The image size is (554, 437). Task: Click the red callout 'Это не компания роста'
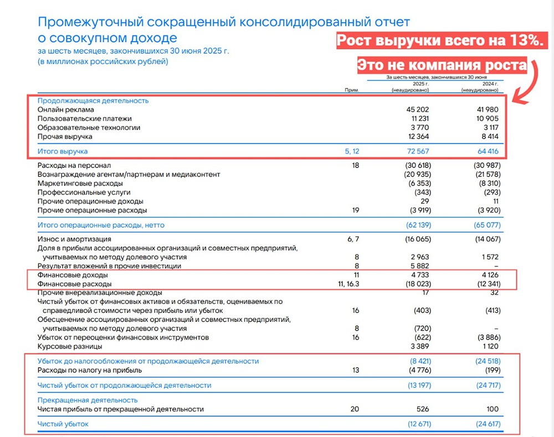pos(441,65)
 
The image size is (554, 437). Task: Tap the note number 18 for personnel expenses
pos(355,165)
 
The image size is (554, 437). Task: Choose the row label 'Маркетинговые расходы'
pos(80,183)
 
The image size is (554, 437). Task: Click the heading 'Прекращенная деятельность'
pos(88,400)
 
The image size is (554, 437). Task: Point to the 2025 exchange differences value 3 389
pos(418,346)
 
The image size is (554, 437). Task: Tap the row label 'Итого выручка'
pos(63,151)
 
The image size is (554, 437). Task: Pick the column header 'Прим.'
pos(352,89)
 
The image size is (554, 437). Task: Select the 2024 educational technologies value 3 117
pos(489,127)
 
